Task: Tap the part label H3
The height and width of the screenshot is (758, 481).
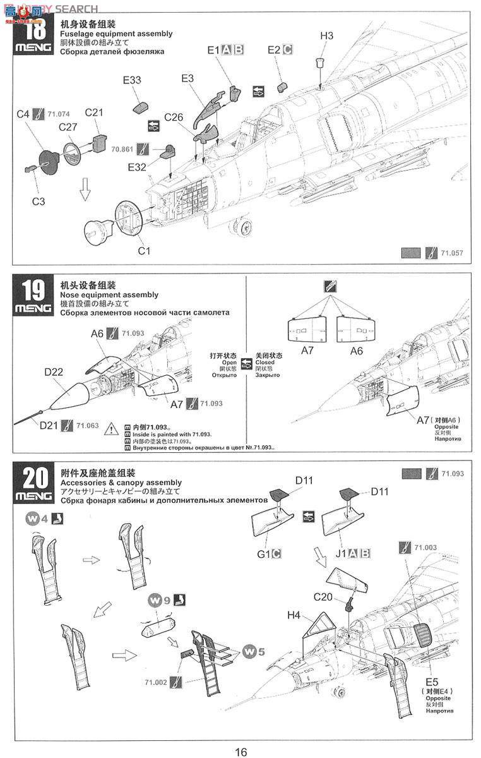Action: tap(326, 36)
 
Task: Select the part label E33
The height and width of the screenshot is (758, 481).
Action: tap(132, 80)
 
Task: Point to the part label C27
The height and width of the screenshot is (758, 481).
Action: tap(68, 127)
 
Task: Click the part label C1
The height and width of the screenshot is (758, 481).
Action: tap(145, 251)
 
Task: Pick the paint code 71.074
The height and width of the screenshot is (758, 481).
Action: tap(59, 114)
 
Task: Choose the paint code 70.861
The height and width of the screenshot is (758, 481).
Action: tap(122, 150)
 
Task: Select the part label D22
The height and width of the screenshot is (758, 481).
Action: tap(54, 372)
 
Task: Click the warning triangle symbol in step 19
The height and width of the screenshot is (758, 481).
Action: tap(111, 429)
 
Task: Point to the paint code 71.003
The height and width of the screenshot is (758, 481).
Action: tap(426, 547)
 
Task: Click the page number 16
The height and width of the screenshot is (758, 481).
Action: tap(240, 752)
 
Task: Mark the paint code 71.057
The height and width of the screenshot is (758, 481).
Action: tap(452, 253)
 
